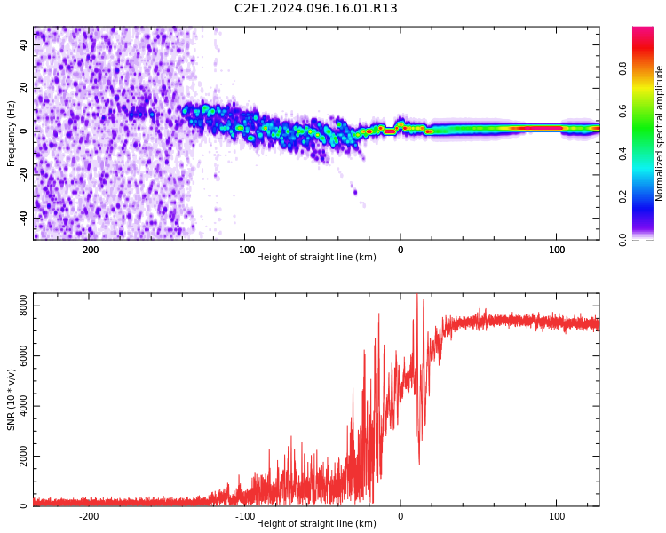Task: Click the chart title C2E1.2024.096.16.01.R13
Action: [x=315, y=8]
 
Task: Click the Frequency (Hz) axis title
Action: [x=11, y=133]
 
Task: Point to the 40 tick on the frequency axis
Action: [x=23, y=45]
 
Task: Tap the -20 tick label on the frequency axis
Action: [x=23, y=174]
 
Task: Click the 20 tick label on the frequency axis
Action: [x=23, y=88]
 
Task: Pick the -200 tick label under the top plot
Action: [x=89, y=250]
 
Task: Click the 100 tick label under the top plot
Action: [x=557, y=250]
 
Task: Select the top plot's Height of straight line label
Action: [x=316, y=257]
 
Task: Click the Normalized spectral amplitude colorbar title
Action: [x=659, y=133]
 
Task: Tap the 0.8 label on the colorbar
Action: [x=622, y=68]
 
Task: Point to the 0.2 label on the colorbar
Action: [x=622, y=197]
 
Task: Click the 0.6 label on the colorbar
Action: [x=622, y=111]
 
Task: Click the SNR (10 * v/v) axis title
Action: [x=11, y=400]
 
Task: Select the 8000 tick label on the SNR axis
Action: [x=23, y=306]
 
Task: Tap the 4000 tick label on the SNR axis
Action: [x=23, y=406]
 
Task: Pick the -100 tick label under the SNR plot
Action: [x=245, y=516]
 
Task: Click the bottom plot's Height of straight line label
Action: [x=316, y=523]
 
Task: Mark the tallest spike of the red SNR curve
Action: [x=417, y=295]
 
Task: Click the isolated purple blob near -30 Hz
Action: [x=355, y=193]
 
